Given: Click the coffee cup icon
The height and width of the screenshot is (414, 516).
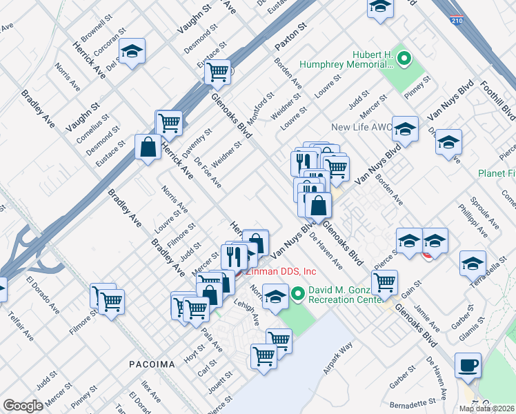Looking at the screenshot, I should (468, 365).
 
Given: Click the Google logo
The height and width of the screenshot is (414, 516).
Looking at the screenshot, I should (23, 406).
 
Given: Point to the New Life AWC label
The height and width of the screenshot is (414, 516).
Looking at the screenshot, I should (361, 127).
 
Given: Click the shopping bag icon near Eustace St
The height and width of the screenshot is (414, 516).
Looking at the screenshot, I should (148, 146).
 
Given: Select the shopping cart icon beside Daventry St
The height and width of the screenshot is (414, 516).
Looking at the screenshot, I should (169, 123).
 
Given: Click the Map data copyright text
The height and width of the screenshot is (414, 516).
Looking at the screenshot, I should (486, 408).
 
